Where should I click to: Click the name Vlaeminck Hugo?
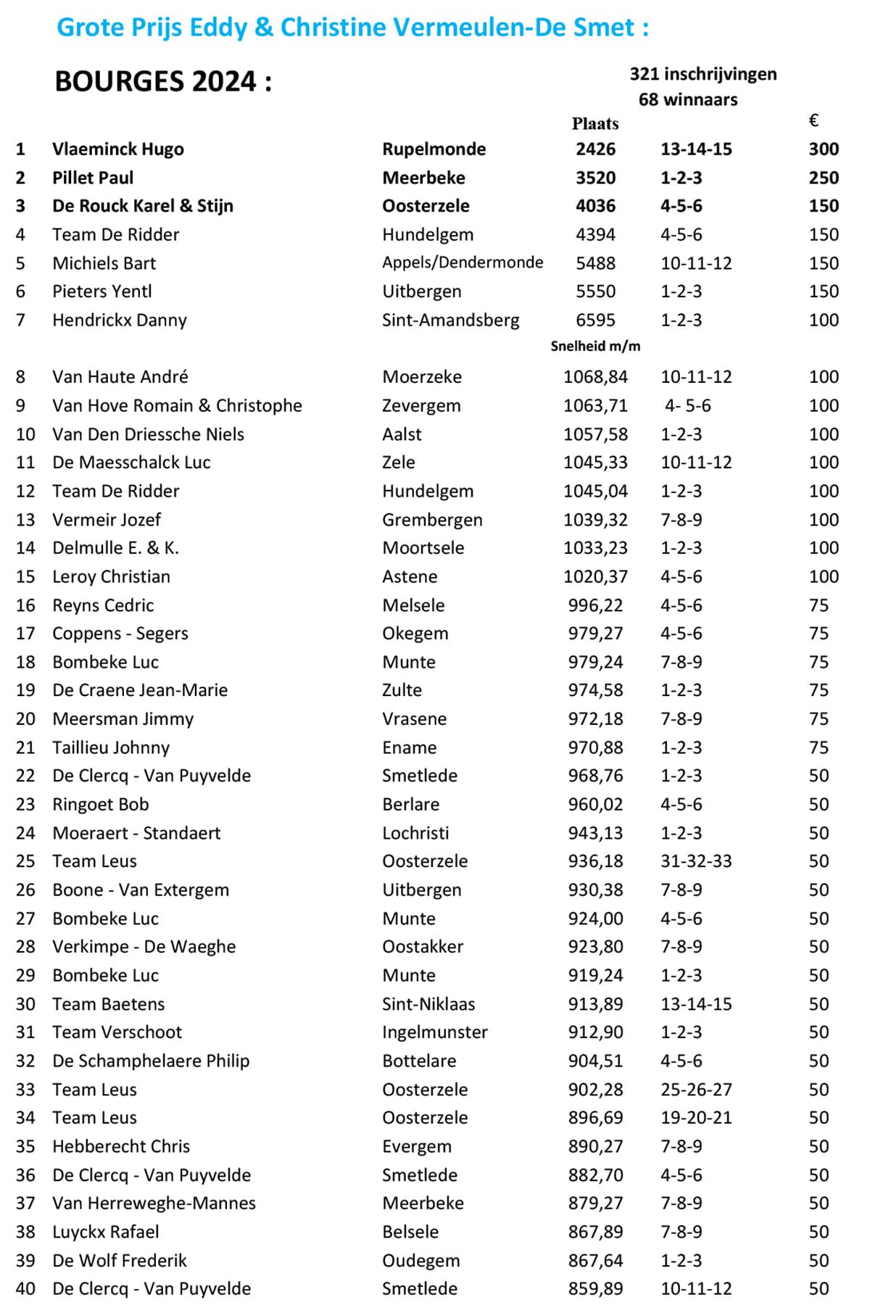pos(117,149)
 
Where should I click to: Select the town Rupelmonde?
pos(434,149)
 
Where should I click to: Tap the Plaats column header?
pos(594,124)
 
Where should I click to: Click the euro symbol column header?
pos(813,120)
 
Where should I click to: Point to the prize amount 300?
pos(824,149)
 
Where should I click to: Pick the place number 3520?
pos(595,178)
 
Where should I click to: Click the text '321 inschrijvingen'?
pos(703,74)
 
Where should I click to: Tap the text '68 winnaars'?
pos(687,99)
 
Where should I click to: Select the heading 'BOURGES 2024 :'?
pos(163,81)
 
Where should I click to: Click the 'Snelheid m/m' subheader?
pos(595,347)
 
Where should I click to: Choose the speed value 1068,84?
pos(595,377)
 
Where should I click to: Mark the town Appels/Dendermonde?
pos(463,262)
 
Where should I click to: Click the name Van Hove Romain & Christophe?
pos(177,405)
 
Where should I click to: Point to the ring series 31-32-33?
pos(695,861)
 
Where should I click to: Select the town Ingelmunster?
pos(434,1032)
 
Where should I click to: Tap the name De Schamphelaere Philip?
pos(151,1061)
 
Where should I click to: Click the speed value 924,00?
pos(595,919)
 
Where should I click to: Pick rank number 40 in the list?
pos(25,1288)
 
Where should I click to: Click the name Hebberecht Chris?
pos(121,1146)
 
